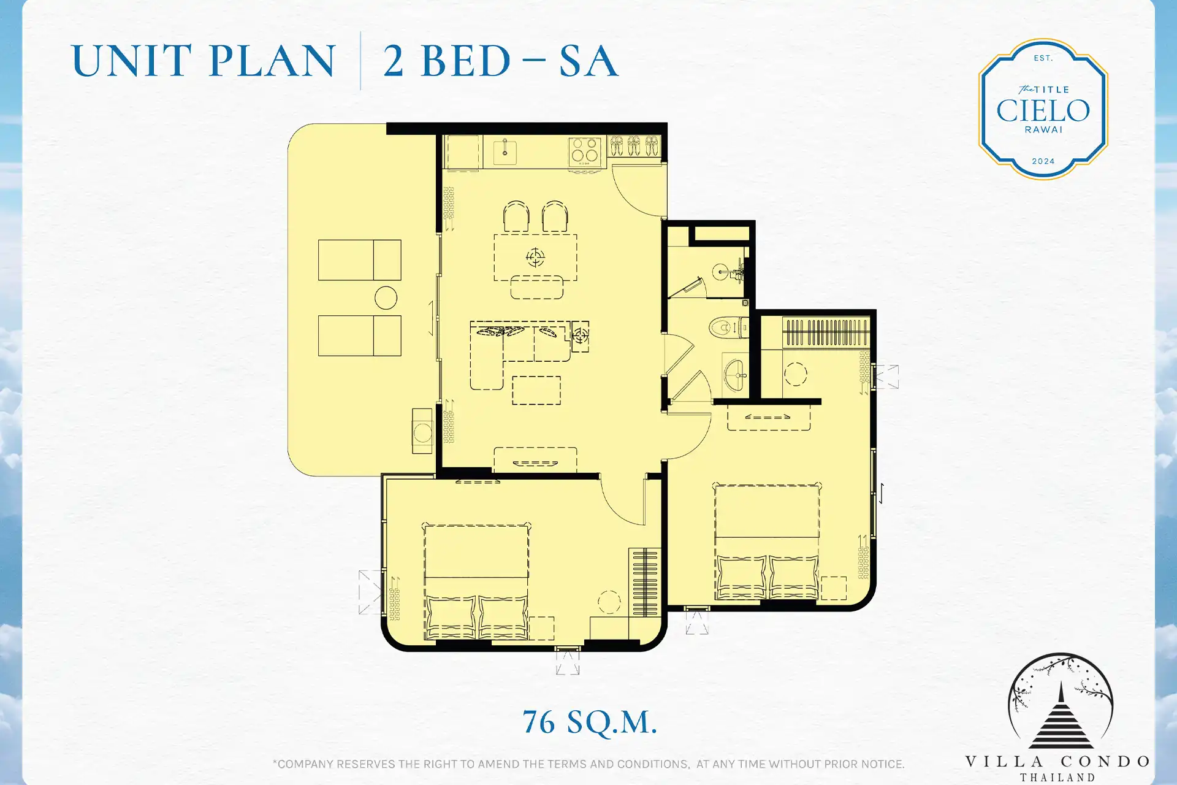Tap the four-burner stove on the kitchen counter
point(584,151)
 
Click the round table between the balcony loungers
point(386,298)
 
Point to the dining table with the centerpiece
point(535,257)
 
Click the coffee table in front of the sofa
point(536,390)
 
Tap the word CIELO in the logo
point(1043,111)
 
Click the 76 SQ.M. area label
point(590,722)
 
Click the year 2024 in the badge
point(1043,161)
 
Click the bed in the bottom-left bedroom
point(476,581)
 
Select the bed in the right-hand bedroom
point(767,541)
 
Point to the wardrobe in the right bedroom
point(826,332)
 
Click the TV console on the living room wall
point(535,459)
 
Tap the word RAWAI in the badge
point(1043,130)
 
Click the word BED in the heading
point(466,61)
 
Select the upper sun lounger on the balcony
point(359,260)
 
